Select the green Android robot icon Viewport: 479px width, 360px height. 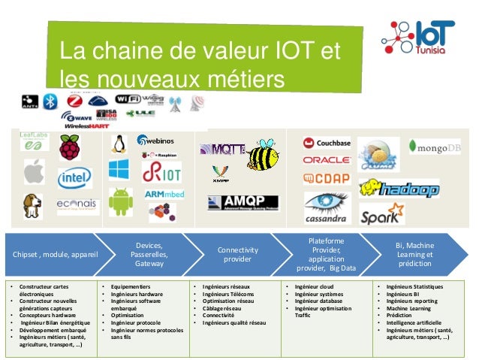pyautogui.click(x=120, y=201)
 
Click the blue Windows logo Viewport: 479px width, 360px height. pyautogui.click(x=119, y=169)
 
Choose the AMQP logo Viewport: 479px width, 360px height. pyautogui.click(x=243, y=202)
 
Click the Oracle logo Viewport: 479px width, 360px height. pyautogui.click(x=327, y=160)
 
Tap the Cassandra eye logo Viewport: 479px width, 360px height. pyautogui.click(x=325, y=206)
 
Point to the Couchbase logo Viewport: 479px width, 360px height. pyautogui.click(x=326, y=143)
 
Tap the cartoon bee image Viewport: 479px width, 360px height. pyautogui.click(x=263, y=154)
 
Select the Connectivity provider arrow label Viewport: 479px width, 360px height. pyautogui.click(x=237, y=254)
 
